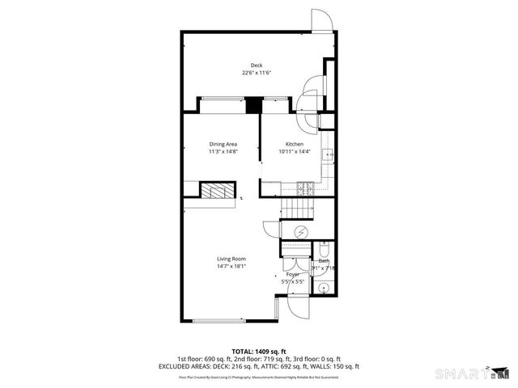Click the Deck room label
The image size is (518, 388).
[x=256, y=65]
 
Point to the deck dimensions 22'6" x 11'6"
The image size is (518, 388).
[x=256, y=73]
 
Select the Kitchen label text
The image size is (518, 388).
[x=294, y=144]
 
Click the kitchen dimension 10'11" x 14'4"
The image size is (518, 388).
[x=294, y=151]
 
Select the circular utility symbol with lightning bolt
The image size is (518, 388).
[x=300, y=231]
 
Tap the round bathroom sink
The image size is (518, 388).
[x=323, y=286]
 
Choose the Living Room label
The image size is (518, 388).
[x=231, y=259]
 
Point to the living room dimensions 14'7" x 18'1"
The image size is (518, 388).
[x=231, y=266]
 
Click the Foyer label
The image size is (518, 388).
[x=291, y=275]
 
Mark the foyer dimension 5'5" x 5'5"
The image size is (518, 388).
[x=292, y=282]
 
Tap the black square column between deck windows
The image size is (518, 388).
[x=253, y=106]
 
